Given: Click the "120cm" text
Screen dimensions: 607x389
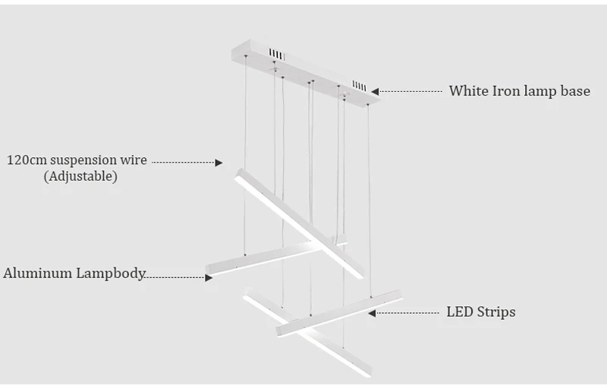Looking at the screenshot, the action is coord(27,160).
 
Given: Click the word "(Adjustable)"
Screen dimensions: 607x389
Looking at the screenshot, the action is coord(80,176).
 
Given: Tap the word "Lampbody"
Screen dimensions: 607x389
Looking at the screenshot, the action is coord(111,274).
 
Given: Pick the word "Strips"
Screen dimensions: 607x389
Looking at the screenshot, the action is coord(496,312).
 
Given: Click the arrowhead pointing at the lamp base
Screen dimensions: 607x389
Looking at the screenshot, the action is coord(375,92).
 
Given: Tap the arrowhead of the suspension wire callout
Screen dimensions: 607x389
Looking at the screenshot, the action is coord(219,163).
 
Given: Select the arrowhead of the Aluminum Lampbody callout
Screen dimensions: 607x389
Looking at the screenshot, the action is coord(209,278).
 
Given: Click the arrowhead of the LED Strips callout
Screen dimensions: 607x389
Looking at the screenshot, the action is coord(372,313).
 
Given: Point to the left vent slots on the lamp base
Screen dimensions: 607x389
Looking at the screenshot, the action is coord(277,55).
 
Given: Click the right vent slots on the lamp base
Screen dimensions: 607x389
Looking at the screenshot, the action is coord(359,86).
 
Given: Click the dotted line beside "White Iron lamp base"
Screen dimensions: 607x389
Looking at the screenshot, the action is coord(410,92).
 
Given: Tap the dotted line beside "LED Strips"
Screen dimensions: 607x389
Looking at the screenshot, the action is coord(407,313).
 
